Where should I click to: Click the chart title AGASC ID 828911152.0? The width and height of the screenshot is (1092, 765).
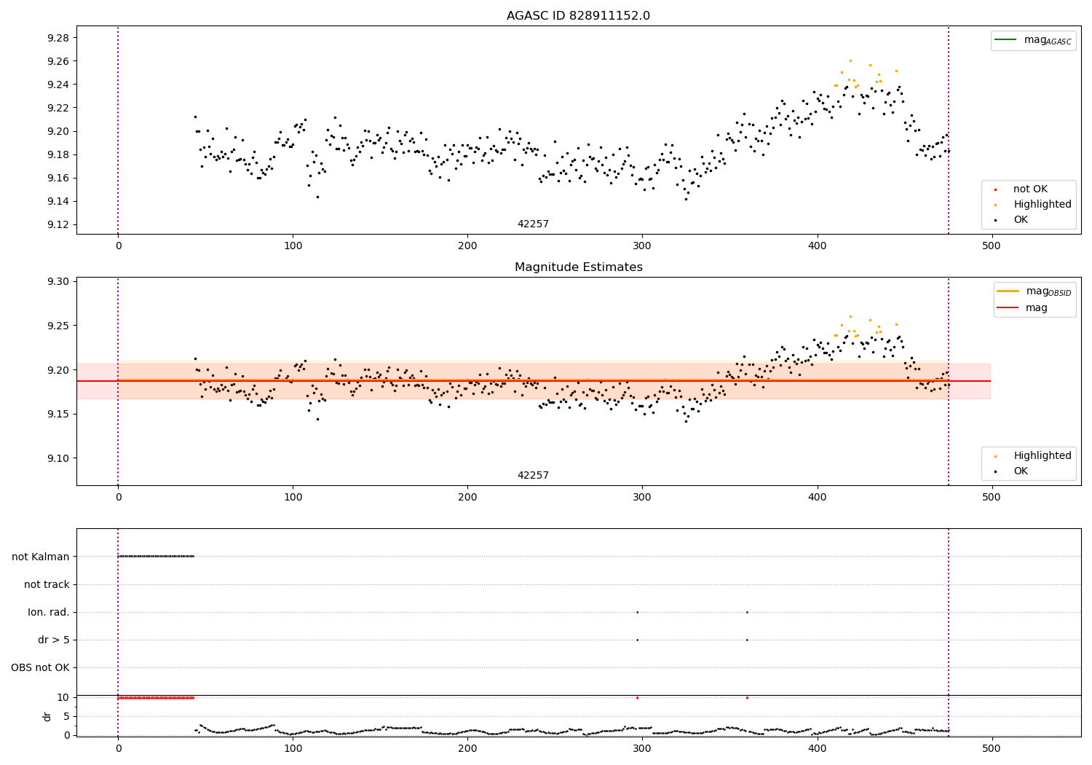coord(578,16)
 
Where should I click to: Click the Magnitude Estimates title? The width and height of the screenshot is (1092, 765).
coord(578,267)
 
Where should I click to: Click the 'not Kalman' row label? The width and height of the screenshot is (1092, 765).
coord(41,557)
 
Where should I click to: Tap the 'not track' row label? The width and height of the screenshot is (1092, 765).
coord(47,584)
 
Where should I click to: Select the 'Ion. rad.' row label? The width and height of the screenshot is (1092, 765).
coord(49,612)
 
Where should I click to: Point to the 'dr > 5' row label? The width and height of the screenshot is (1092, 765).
coord(53,640)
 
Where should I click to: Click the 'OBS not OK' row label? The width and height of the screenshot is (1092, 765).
coord(40,667)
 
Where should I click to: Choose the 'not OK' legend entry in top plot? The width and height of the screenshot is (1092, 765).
coord(1030,189)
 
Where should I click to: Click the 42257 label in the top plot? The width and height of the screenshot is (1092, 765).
coord(533,224)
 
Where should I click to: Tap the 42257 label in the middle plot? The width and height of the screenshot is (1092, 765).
coord(533,476)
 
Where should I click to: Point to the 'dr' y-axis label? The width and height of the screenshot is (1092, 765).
coord(47,716)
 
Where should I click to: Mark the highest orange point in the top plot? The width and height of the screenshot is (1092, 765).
coord(850,60)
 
